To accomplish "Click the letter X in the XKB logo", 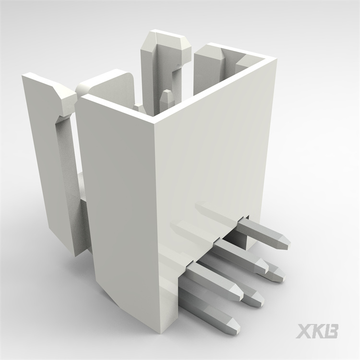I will (305, 331).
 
